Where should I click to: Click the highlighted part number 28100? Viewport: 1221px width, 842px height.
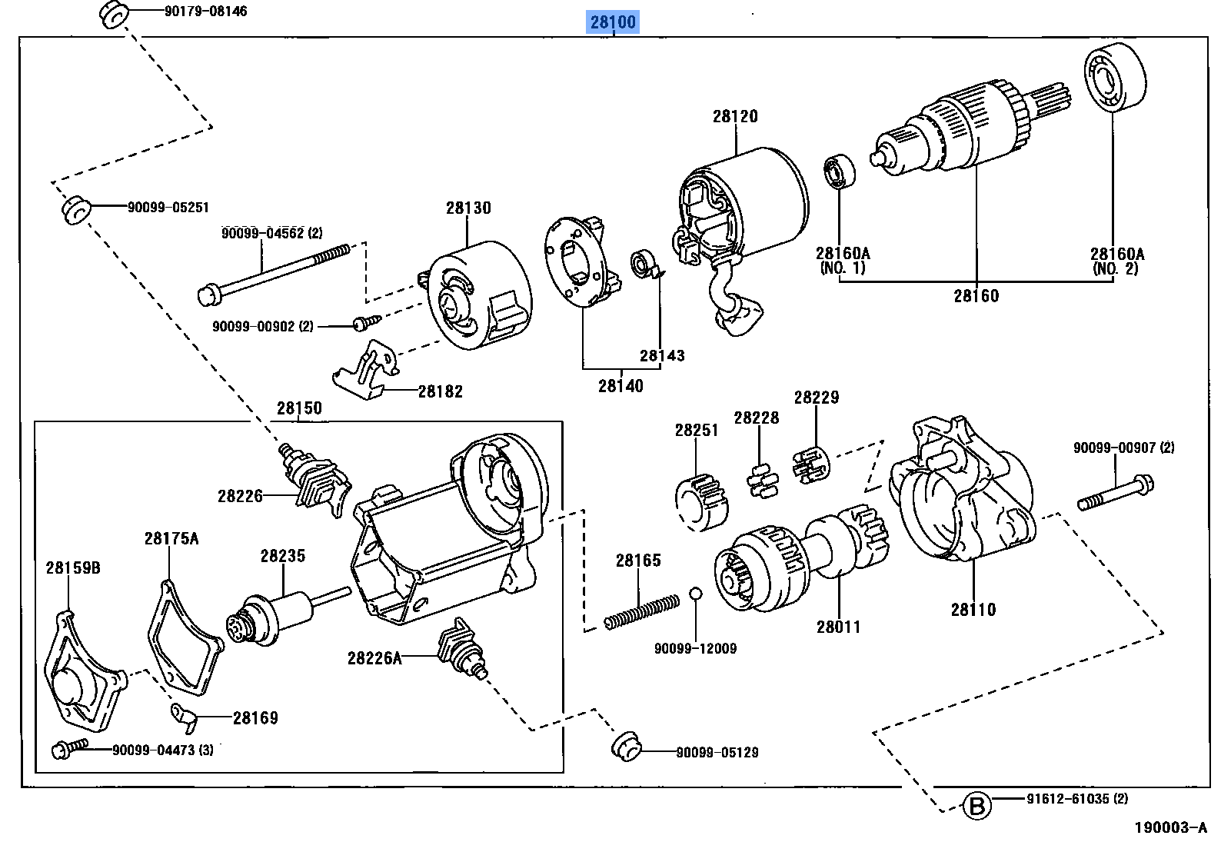pos(613,22)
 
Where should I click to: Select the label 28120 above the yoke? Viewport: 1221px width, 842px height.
pos(734,116)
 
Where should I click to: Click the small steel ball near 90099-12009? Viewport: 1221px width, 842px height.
pos(695,593)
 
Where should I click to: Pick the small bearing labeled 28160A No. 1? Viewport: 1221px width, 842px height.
pos(840,172)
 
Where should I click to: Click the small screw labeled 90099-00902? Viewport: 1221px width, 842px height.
pos(362,324)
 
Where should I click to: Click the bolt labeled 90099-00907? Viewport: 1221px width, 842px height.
pos(1115,493)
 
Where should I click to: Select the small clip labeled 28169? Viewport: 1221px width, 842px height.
pos(185,716)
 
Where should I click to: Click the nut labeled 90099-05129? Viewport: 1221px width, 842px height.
pos(626,746)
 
